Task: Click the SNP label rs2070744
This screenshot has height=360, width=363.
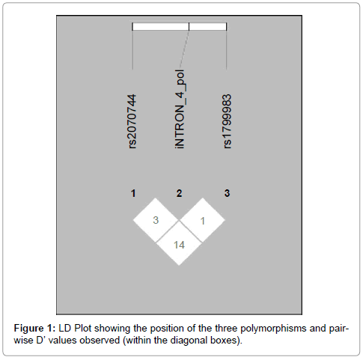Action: coord(132,121)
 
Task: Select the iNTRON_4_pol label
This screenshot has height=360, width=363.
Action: coord(180,109)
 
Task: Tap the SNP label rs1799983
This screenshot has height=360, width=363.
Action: coord(228,121)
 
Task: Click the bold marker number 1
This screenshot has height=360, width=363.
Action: coord(133,193)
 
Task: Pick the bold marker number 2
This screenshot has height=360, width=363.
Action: coord(179,193)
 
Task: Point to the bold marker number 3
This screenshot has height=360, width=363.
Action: coord(227,193)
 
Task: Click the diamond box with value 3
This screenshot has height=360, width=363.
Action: coord(156,220)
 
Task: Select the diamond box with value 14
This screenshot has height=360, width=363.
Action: coord(179,244)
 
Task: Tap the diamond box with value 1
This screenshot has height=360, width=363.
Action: coord(203,220)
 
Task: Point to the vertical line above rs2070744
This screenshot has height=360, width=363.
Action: coord(132,49)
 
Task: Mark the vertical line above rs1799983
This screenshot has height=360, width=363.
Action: coord(226,49)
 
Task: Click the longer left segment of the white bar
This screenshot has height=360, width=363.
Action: coord(160,26)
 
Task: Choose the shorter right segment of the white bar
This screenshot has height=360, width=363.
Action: coord(207,26)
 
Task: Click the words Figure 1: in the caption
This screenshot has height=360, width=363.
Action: coord(34,328)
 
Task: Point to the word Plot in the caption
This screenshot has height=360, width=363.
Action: coord(82,328)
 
